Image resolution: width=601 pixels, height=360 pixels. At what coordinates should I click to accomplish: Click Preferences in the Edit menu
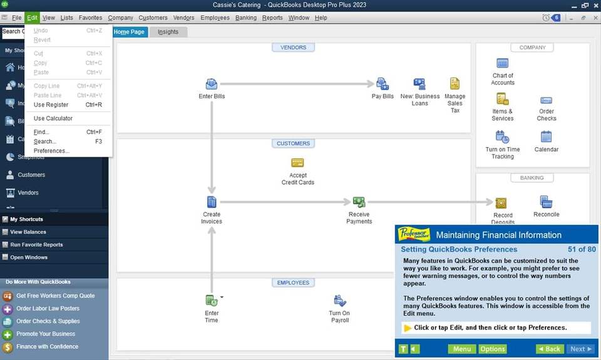51,151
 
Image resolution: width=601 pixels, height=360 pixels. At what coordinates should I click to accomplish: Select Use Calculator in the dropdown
53,118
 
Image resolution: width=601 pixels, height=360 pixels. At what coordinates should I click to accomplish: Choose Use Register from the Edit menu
51,105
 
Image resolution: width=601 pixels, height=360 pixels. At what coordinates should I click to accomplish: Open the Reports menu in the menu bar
272,18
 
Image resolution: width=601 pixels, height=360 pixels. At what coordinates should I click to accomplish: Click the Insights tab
168,32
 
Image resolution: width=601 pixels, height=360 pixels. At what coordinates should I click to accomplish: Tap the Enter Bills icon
212,84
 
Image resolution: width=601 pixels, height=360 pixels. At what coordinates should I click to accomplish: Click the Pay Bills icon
383,84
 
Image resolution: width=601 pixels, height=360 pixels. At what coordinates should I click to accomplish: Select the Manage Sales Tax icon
455,84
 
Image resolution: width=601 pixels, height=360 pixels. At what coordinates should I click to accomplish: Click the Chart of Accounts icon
502,63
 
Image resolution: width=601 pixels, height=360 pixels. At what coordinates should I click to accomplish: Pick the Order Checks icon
546,100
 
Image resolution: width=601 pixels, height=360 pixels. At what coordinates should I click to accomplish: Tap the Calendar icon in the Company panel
546,136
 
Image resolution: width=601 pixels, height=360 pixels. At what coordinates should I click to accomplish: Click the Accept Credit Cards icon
297,163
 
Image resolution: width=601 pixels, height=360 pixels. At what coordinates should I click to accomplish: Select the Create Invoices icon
212,202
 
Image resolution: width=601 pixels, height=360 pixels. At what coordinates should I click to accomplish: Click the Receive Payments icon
359,202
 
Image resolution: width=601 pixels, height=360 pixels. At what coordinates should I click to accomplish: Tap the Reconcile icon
546,202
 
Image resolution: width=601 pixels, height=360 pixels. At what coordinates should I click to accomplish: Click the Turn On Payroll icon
339,301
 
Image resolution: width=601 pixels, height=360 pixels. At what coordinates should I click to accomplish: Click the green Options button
493,349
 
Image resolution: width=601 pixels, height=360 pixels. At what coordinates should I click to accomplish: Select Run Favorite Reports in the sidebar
36,245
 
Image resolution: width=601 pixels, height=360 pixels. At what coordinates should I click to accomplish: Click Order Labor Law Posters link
48,309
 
